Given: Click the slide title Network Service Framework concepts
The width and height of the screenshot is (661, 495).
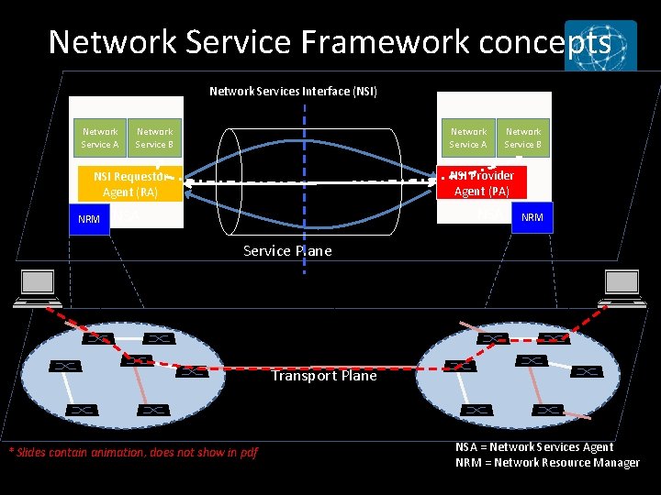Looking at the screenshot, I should point(329,42).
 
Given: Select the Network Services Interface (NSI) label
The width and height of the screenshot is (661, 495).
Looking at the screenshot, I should point(293,91).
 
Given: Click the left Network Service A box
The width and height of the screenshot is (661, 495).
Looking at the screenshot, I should point(100,137).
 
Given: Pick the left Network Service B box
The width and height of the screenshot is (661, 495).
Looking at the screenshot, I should point(154,137).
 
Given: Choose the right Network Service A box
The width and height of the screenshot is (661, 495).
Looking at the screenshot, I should point(468,137).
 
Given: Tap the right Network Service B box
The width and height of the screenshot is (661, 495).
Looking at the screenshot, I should point(523,137).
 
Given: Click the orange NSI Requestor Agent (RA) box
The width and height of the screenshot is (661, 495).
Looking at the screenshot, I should point(129,184).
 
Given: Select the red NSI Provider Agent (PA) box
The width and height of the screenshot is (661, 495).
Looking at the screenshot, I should point(482,183).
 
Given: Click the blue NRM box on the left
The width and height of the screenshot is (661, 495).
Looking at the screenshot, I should point(89,219).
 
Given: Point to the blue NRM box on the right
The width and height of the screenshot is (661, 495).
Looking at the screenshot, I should point(532,217).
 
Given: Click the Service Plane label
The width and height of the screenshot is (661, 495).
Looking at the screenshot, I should point(287,250).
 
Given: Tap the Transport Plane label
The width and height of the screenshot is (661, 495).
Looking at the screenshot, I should point(324,375).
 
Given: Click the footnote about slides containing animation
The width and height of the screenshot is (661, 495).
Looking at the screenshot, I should point(133,451).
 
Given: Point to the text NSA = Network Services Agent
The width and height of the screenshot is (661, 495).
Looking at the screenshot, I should point(534,446).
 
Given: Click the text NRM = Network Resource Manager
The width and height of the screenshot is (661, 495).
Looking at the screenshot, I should point(547,462).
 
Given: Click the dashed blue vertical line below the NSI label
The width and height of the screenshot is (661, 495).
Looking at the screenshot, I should point(305,147).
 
